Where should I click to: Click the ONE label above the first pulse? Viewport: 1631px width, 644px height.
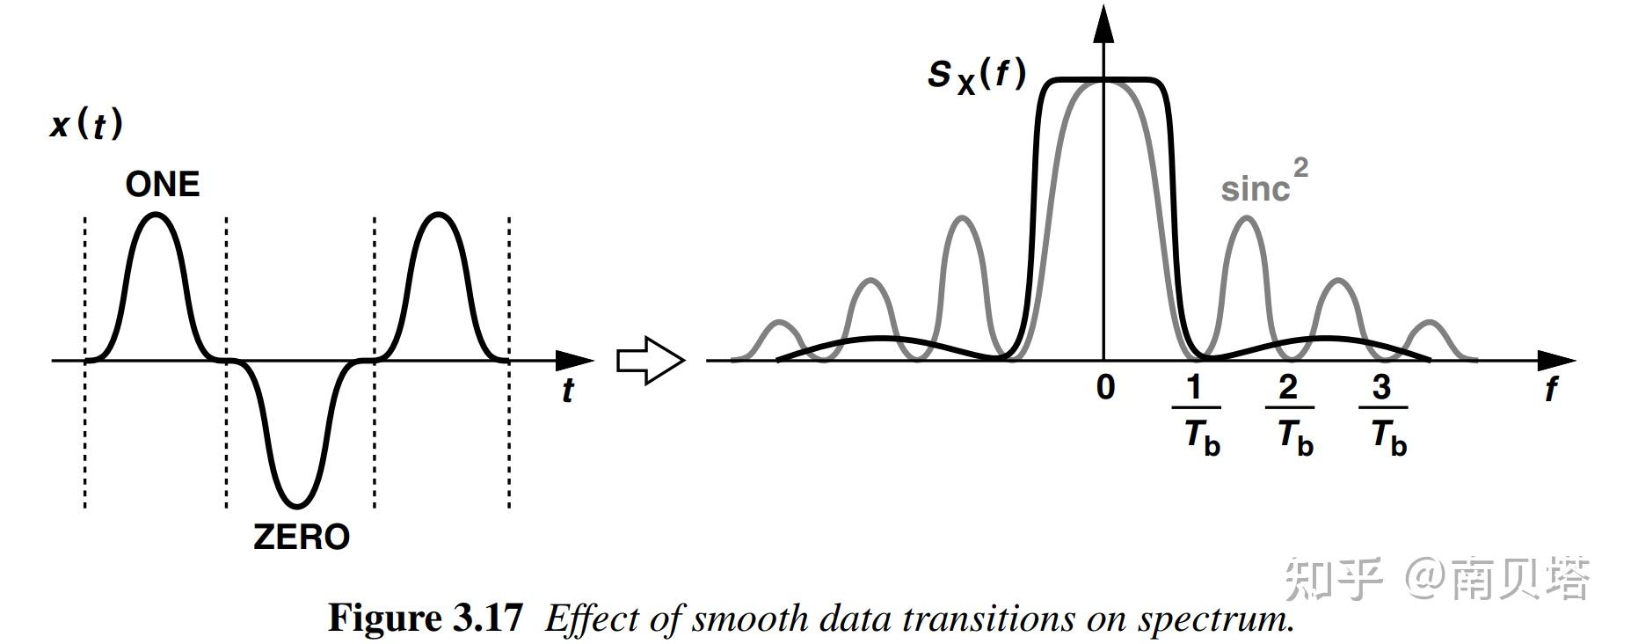[163, 185]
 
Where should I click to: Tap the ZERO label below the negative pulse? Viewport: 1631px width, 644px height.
[301, 537]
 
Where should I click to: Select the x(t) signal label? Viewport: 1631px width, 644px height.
[86, 125]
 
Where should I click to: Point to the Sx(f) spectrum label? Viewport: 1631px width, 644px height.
[977, 76]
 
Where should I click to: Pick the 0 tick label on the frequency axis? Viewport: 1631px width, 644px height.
[1105, 387]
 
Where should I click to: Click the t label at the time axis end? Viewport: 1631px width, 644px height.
[568, 390]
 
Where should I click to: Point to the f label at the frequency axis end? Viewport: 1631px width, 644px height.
[1551, 389]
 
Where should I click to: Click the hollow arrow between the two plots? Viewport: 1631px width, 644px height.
[650, 361]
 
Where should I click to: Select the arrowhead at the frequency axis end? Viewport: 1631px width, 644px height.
[1557, 360]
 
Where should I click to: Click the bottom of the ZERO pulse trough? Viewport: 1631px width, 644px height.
[297, 506]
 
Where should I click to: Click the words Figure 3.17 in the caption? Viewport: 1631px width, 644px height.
[426, 618]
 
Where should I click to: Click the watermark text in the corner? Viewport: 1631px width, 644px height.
[1437, 580]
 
